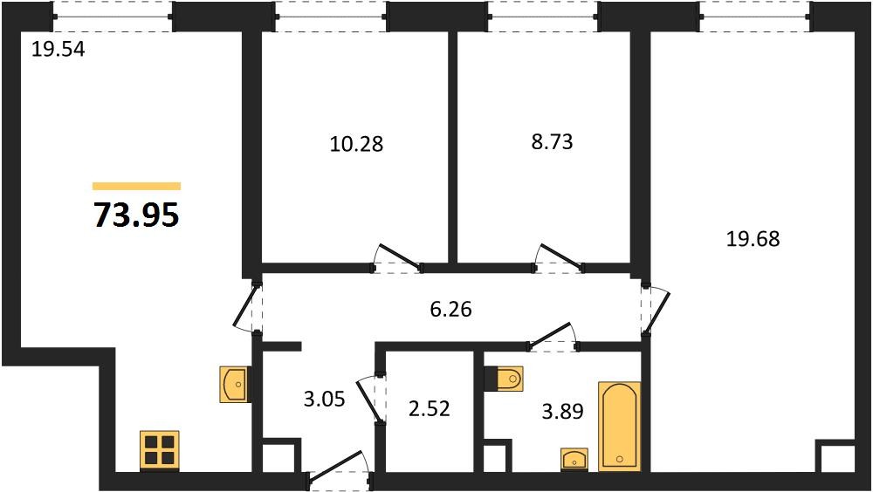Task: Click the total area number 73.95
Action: coord(136,215)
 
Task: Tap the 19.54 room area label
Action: coord(58,50)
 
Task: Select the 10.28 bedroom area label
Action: coord(356,144)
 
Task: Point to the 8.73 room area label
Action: coord(552,142)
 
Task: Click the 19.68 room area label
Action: coord(753,239)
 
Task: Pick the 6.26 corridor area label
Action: coord(451,309)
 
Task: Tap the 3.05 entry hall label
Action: coord(324,399)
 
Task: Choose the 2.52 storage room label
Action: coord(429,409)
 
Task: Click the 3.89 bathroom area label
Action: coord(562,411)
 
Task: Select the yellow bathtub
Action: coord(619,427)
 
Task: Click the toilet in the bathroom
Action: coord(504,379)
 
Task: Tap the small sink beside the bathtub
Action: coord(574,459)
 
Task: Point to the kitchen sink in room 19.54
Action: coord(235,384)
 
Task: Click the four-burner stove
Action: coord(159,449)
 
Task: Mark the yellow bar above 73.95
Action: coord(136,186)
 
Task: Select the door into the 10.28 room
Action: coord(397,259)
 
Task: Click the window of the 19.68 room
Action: coord(755,17)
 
